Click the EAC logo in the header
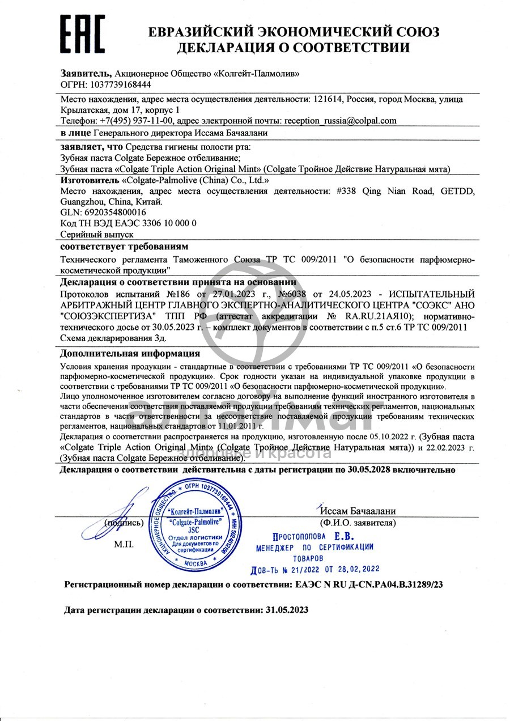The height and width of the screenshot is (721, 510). coord(83,33)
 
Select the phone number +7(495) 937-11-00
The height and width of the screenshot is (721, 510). coord(136,120)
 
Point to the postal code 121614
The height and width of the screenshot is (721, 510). coord(328,99)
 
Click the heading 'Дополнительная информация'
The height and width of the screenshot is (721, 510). coord(130,354)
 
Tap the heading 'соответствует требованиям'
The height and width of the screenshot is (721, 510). coord(124,247)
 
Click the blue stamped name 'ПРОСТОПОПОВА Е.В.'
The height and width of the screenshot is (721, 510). coord(313,536)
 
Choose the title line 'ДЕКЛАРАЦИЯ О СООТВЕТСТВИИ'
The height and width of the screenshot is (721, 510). coord(293,48)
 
